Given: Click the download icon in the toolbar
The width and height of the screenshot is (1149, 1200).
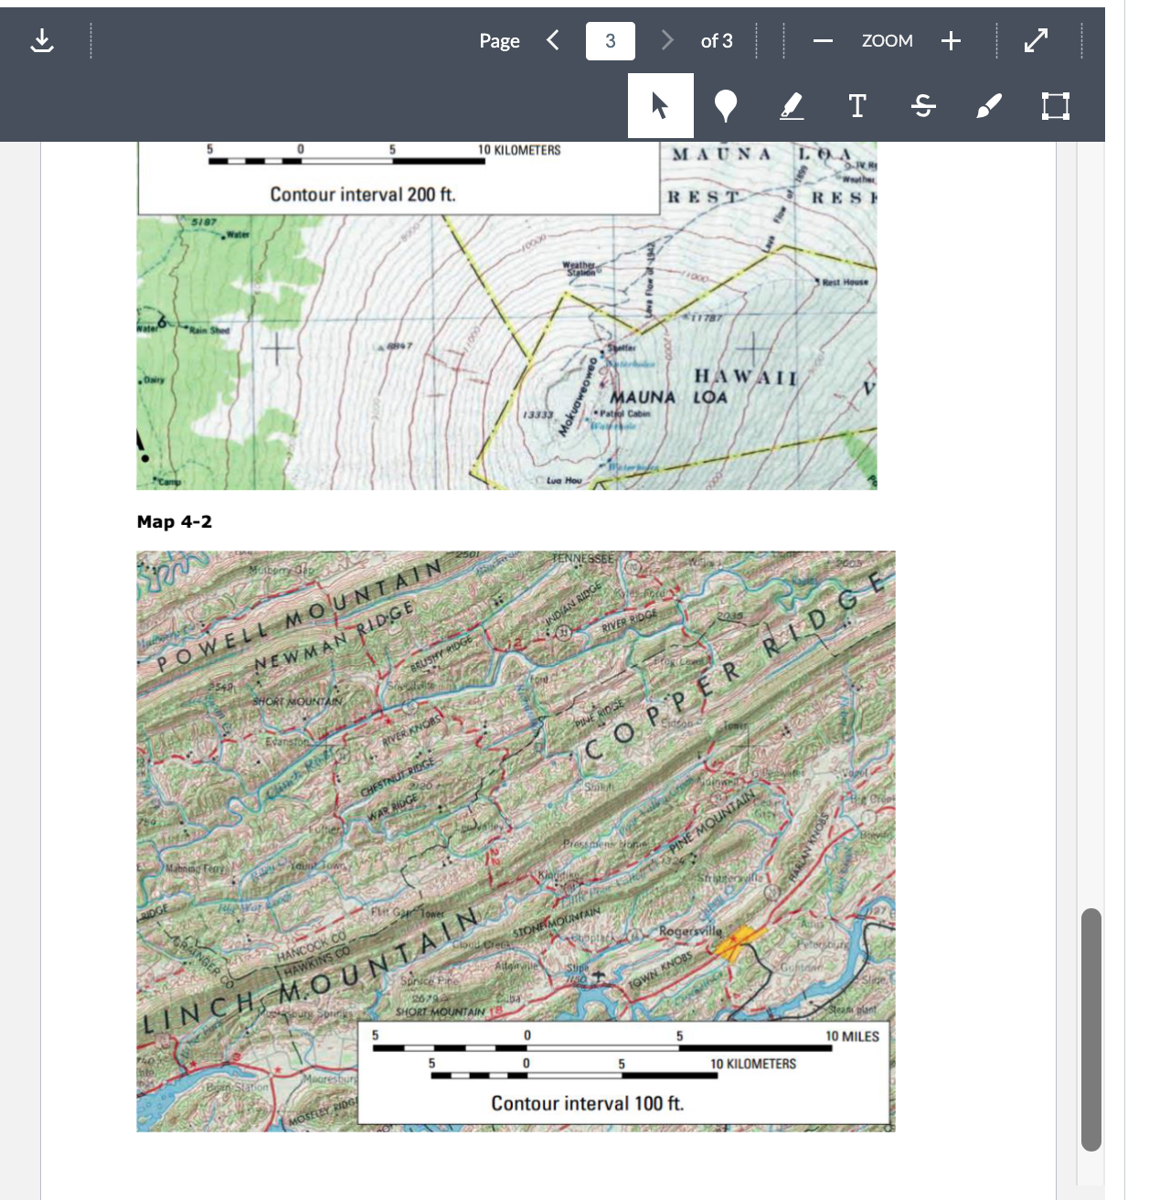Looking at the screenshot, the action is point(42,41).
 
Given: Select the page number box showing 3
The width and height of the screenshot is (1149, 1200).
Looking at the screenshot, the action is point(610,41).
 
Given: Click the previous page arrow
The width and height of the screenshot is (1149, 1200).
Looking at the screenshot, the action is point(552,40).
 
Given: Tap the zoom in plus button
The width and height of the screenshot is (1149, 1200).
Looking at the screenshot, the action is point(951,41).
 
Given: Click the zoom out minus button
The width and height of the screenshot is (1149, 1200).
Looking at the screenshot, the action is point(823,41).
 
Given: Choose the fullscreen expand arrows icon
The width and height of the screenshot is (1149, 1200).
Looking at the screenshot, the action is point(1036,41).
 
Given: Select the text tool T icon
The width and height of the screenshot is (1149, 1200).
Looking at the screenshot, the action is point(857,106).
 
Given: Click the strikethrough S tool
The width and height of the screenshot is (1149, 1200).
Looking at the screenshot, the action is point(923,106).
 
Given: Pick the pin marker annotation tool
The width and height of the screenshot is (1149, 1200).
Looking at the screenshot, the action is point(726,106).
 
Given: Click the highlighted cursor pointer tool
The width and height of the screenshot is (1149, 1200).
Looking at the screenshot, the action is point(660,106).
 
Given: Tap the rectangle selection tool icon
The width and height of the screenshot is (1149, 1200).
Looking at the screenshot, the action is point(1055,106).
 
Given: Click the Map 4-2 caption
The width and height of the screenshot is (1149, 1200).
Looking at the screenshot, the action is point(175,521).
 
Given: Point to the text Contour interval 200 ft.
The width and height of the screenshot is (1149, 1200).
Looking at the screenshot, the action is point(363,194).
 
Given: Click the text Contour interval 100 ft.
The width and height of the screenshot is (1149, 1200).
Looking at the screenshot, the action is point(587,1103).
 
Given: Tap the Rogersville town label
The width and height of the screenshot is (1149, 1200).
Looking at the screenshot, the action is point(690,930).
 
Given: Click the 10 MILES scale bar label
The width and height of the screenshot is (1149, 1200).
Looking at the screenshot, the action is point(852,1036).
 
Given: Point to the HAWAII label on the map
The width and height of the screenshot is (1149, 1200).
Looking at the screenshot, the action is point(746,377).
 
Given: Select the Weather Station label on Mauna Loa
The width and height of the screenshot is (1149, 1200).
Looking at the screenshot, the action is point(580,268).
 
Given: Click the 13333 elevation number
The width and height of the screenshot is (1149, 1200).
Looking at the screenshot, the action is point(538,414).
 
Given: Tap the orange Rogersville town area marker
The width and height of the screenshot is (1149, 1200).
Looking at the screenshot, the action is point(738,943).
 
